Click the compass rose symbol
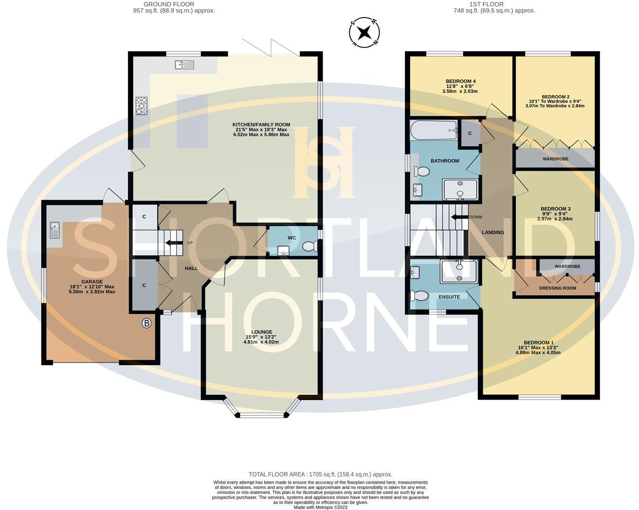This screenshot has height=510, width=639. [x=364, y=33]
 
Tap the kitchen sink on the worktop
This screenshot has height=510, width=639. [x=184, y=65]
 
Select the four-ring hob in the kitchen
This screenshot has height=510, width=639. [x=142, y=106]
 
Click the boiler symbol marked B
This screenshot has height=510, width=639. [x=146, y=323]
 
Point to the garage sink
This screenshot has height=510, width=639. [x=55, y=230]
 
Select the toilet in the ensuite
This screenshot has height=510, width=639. [x=419, y=296]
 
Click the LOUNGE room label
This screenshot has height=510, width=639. [x=262, y=332]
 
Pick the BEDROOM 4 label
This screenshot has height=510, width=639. [x=460, y=81]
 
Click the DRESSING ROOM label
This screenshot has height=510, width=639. [x=557, y=288]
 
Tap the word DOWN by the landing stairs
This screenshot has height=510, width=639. [x=475, y=217]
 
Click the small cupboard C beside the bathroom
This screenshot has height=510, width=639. [x=470, y=133]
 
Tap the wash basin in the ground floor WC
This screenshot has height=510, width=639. [x=283, y=251]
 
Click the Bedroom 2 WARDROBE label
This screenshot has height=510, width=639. [x=555, y=159]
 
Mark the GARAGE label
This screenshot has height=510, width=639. [x=92, y=282]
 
